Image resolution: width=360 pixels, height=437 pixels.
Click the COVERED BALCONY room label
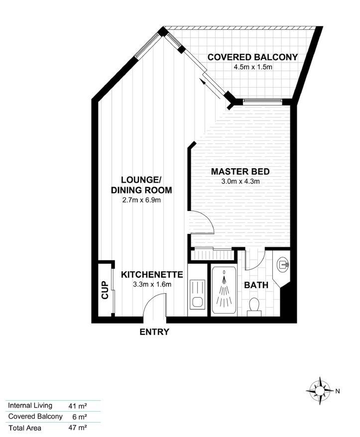point(252,57)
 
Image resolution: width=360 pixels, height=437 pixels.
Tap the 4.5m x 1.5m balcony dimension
point(252,67)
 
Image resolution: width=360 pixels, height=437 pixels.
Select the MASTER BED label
point(240,172)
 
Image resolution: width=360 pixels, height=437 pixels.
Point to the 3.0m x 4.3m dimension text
point(240,182)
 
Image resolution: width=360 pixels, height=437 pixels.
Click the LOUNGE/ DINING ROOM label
point(141,185)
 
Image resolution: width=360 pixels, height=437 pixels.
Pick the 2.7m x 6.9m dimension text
point(141,200)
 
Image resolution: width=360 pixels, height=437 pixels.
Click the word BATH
point(256,285)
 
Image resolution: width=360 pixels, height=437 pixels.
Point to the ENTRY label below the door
point(154,332)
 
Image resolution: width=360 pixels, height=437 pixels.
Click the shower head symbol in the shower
point(224,272)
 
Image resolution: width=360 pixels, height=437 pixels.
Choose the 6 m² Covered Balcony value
point(80,417)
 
